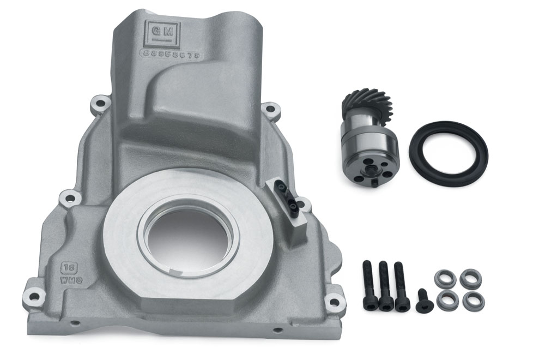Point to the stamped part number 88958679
pyautogui.click(x=171, y=53)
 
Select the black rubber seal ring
pyautogui.click(x=448, y=154)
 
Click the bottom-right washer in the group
pyautogui.click(x=473, y=299)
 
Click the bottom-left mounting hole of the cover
pyautogui.click(x=34, y=297)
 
